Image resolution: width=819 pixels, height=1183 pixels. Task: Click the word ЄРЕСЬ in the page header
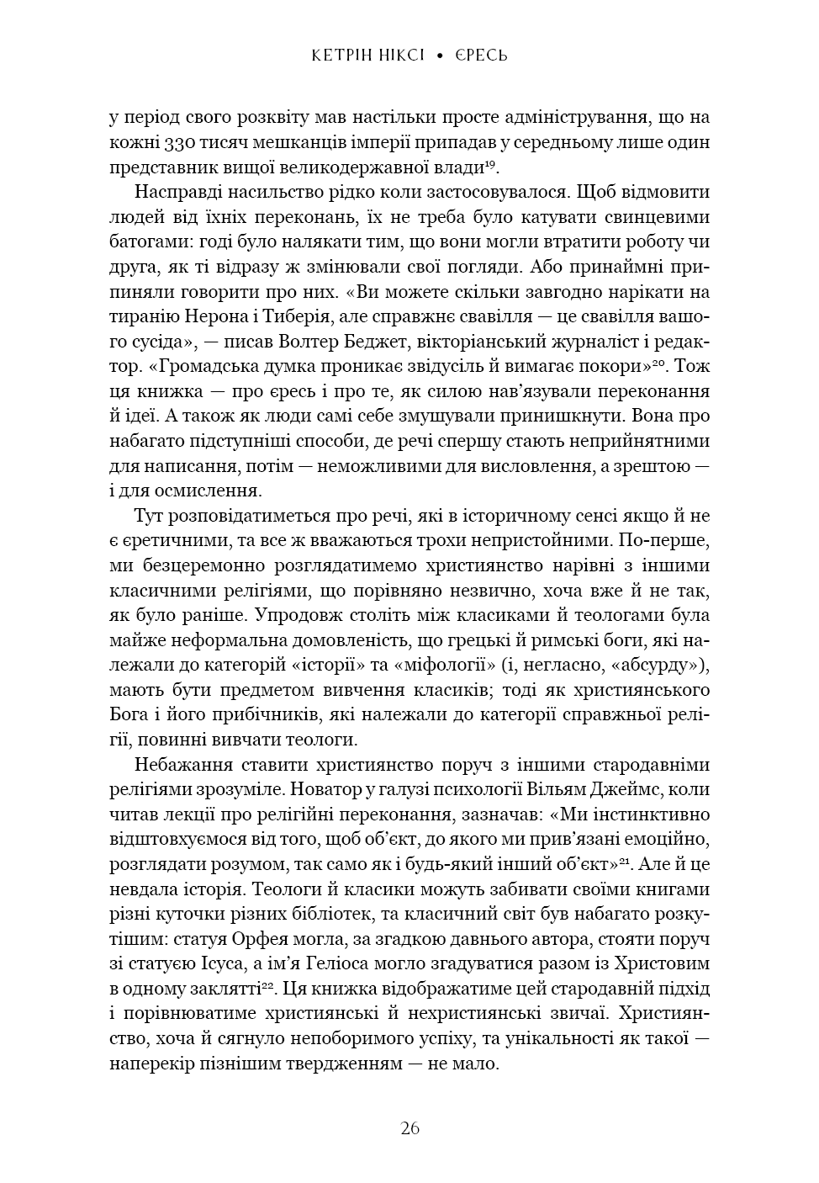tap(482, 56)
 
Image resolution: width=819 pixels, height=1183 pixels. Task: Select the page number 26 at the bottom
tap(409, 1128)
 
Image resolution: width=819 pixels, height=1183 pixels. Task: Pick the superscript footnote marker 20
tap(661, 363)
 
